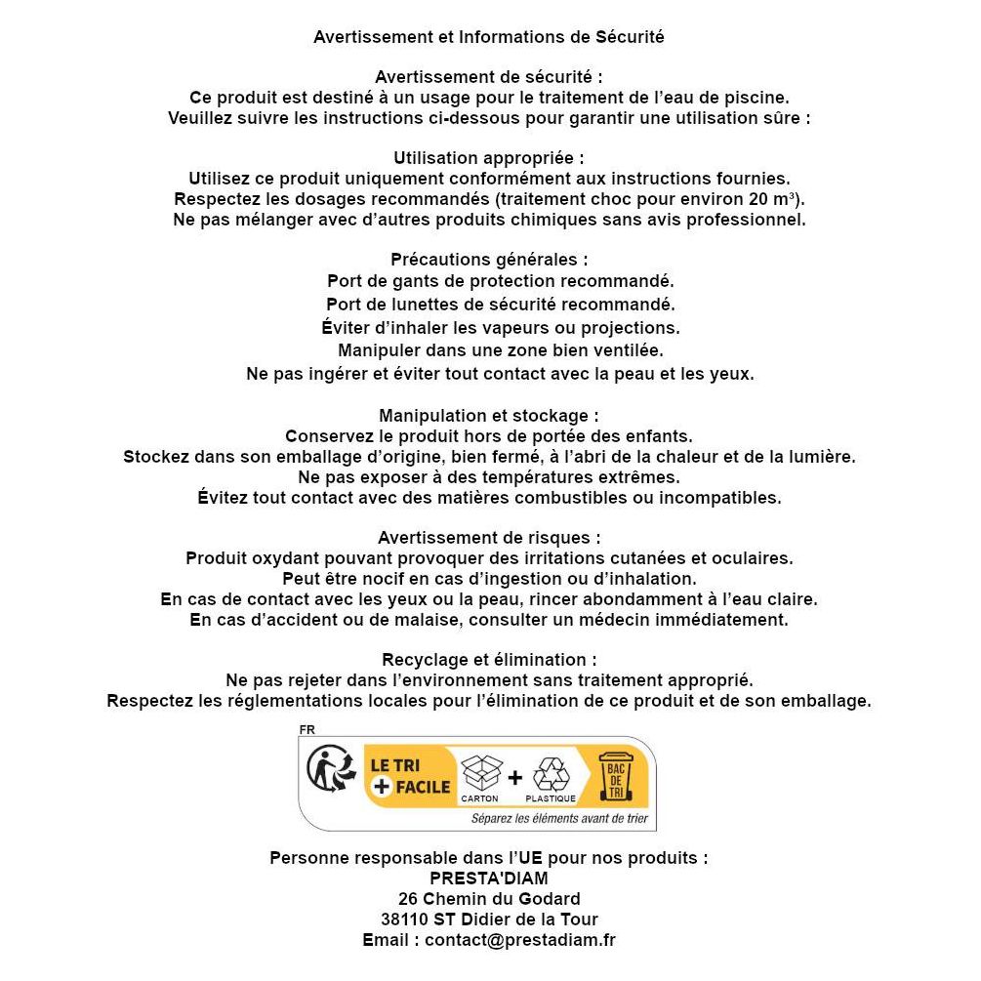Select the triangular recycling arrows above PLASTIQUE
[551, 773]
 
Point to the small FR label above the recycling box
[307, 729]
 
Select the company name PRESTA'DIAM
[489, 878]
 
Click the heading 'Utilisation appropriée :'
[489, 158]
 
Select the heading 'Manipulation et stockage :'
[489, 416]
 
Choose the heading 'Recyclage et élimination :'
[489, 660]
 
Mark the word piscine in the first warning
[757, 98]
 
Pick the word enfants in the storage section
[661, 435]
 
